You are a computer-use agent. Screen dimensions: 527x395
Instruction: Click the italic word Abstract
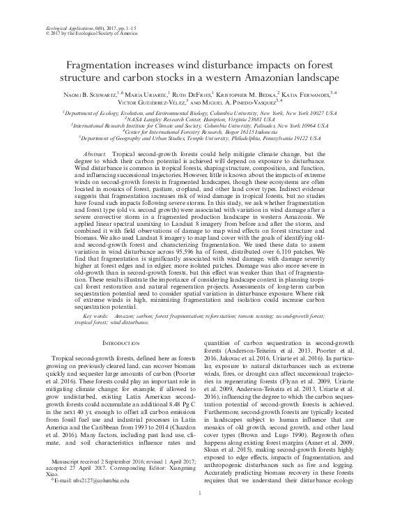[95, 152]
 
